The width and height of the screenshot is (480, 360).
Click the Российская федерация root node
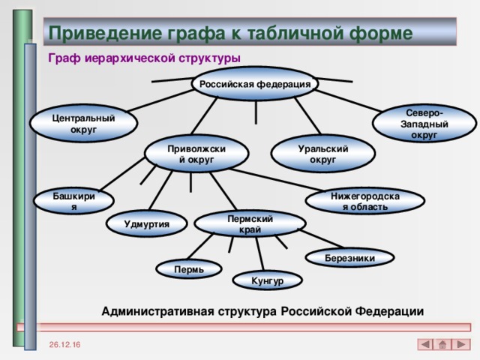coord(256,84)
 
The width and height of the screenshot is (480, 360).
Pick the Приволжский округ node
coord(197,154)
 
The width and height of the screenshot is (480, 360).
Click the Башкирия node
coord(73,201)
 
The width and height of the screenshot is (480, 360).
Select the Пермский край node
coord(250,223)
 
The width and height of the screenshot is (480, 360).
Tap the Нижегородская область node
coord(365,201)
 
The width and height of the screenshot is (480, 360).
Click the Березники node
coord(349,259)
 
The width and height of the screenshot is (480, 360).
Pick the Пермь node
coord(189,268)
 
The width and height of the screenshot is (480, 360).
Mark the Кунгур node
coord(268,281)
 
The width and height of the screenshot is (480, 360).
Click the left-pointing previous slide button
coord(424,344)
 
